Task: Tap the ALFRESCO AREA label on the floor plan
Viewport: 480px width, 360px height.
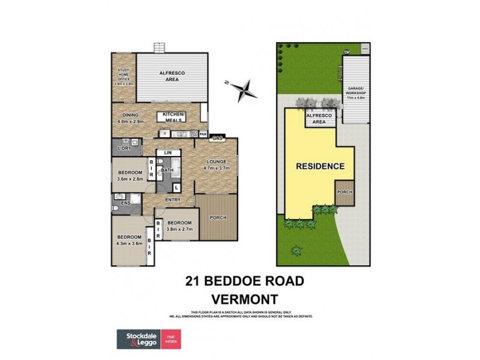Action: coord(171,76)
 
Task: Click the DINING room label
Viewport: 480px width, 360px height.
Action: coord(131,115)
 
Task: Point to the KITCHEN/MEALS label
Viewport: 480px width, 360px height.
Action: coord(175,117)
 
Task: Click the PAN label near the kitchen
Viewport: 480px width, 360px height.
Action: coord(203,133)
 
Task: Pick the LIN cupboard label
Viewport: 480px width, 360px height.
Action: coord(169,154)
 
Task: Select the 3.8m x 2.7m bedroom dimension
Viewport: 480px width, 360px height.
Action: coord(178,228)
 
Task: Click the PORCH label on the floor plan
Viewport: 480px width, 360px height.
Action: coord(218,217)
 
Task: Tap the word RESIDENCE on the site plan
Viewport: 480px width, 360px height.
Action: coord(320,166)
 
